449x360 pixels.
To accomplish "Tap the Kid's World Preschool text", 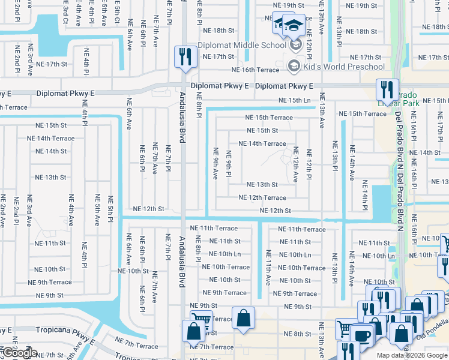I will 344,67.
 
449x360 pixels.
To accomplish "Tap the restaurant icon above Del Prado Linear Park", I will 387,90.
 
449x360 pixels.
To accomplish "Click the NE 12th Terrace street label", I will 262,197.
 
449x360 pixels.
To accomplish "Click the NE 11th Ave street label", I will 268,267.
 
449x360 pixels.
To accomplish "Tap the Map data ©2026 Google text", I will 412,355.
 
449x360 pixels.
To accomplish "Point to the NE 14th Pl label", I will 364,190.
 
